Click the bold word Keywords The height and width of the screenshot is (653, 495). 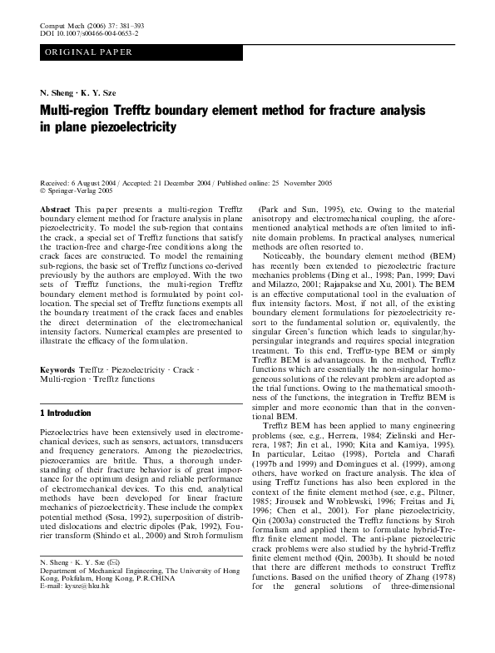(x=57, y=368)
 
